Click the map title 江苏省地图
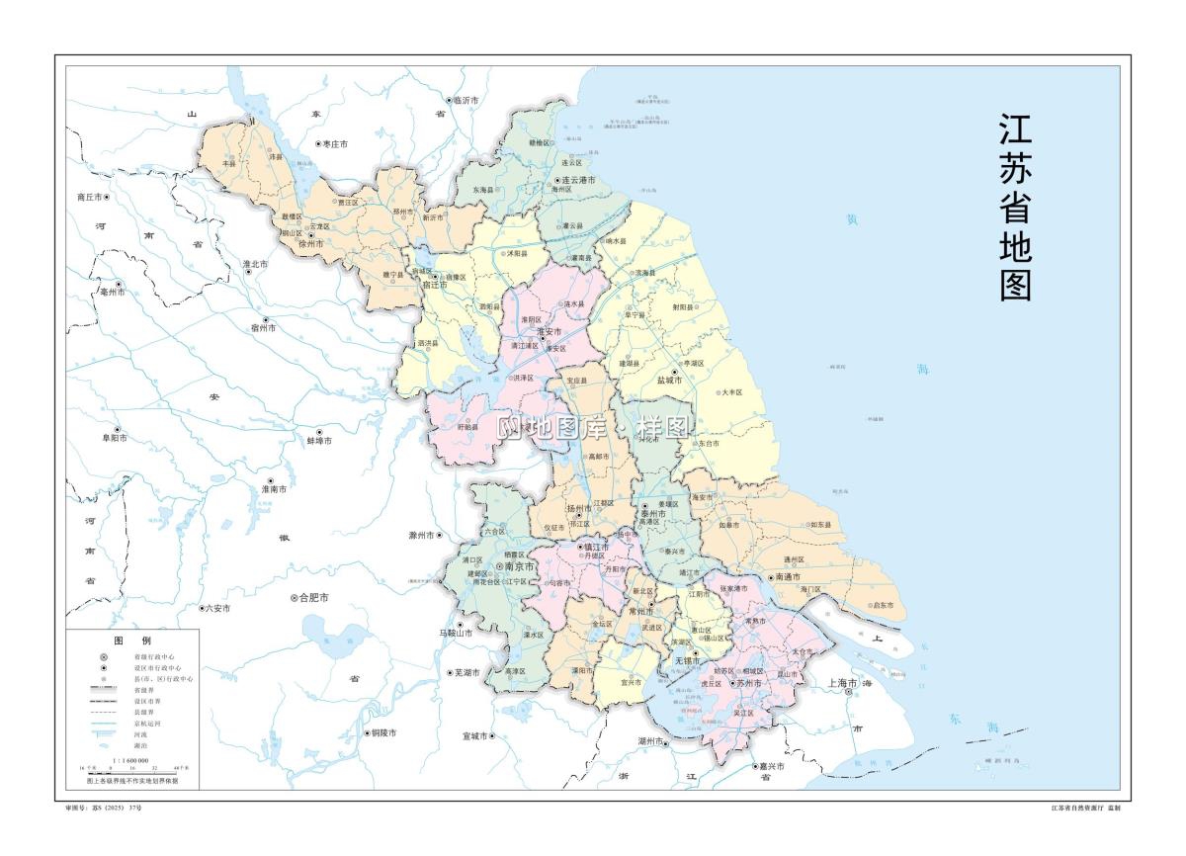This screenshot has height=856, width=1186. click(1016, 207)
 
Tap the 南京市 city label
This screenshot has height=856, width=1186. click(519, 566)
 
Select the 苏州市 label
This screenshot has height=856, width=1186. click(749, 683)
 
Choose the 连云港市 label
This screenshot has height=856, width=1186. click(578, 181)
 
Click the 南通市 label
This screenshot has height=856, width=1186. click(788, 576)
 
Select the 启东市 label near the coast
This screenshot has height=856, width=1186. click(882, 605)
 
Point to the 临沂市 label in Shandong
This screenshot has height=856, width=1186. click(466, 101)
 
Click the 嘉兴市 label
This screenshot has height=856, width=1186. click(770, 766)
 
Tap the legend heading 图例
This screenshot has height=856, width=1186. click(132, 641)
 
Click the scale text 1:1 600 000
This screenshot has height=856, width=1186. click(130, 760)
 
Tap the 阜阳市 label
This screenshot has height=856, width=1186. click(112, 436)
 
